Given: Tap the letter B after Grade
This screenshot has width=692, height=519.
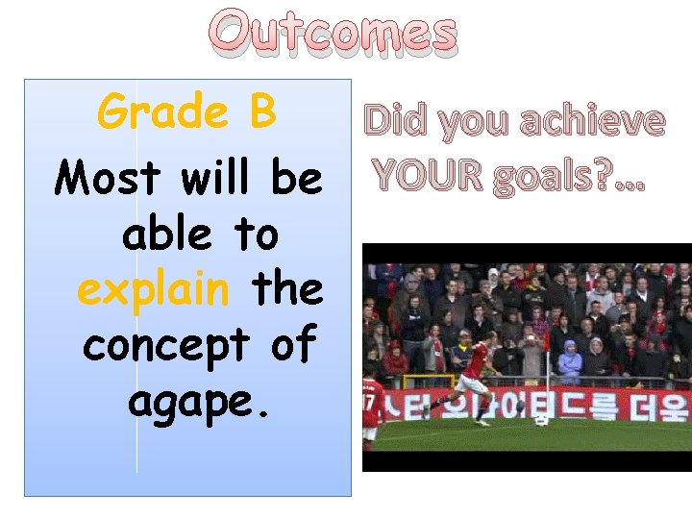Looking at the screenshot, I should (x=260, y=112).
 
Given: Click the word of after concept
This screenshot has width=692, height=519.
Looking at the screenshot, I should (x=293, y=345).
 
